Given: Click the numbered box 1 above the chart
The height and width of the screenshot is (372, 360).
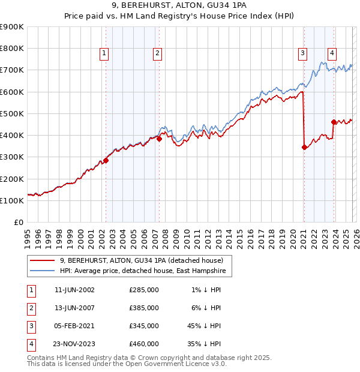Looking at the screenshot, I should pos(104,53).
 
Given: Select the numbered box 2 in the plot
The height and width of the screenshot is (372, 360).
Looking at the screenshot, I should pos(157,53).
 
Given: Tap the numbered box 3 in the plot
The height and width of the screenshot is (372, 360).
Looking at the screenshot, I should pos(302,53).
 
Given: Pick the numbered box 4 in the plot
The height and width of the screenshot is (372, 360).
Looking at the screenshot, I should pos(332,52).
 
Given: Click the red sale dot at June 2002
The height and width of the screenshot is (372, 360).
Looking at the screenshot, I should pos(106,160).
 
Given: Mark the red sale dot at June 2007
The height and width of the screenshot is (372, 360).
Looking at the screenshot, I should pos(159,139).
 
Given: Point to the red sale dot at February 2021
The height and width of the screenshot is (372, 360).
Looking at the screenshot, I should pos(304,147).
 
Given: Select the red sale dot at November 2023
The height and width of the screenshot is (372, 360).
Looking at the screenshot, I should pos(334,122).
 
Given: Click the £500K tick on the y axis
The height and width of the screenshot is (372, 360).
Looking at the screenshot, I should pos(12,113).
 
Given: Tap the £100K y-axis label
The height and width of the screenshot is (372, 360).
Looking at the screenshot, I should pos(12,200).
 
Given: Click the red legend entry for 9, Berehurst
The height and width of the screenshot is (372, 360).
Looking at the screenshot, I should pos(141,260).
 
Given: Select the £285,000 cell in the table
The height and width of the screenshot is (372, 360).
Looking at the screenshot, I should pos(144,290).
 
